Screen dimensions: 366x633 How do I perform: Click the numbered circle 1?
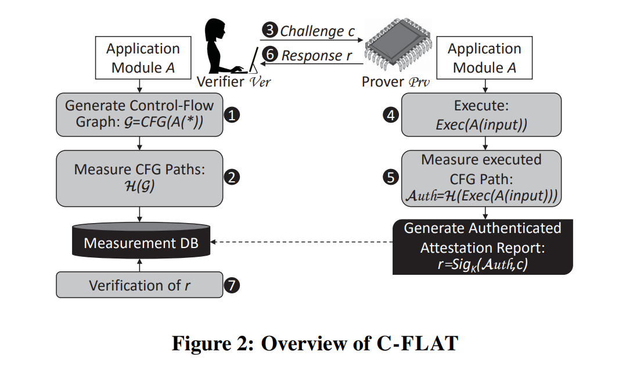[x=232, y=115]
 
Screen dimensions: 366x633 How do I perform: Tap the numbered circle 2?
[x=232, y=178]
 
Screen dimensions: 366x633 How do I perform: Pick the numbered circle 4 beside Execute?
[x=391, y=115]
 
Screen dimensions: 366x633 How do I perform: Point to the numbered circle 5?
[x=391, y=178]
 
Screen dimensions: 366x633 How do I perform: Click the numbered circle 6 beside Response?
[x=270, y=56]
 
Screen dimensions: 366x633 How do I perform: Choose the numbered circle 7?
[x=232, y=285]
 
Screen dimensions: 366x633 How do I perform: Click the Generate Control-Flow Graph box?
[x=139, y=115]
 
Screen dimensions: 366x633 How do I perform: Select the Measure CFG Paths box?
[x=139, y=178]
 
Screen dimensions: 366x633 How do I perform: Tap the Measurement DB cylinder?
[x=139, y=242]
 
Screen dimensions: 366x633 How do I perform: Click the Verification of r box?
[x=139, y=285]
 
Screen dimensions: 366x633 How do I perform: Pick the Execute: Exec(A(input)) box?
[x=481, y=115]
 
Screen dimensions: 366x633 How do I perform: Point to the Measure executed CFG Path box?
[x=481, y=178]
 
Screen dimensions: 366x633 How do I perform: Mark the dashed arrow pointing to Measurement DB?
[x=302, y=242]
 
